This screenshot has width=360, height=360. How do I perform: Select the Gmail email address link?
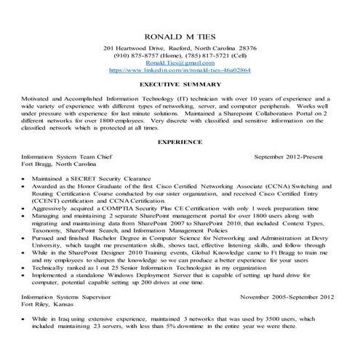180,63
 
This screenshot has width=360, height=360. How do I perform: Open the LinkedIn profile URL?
180,71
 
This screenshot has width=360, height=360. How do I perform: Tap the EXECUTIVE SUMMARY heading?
180,85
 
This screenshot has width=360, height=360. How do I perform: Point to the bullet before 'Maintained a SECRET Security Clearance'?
26,178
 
